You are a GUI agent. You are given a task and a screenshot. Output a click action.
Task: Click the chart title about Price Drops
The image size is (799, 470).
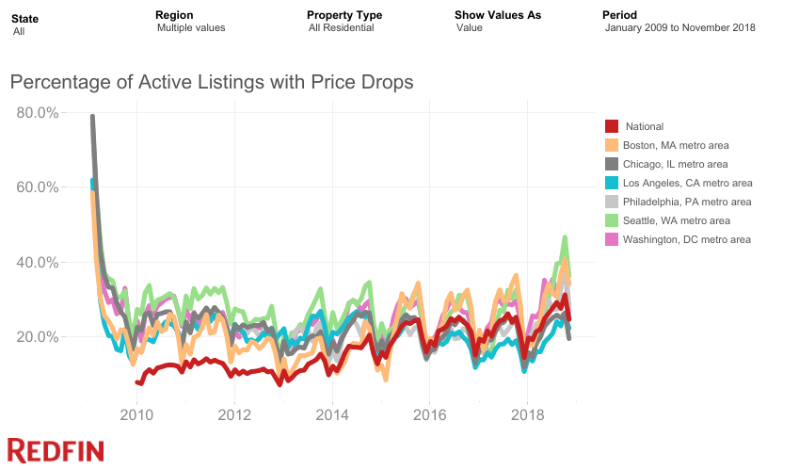pos(212,82)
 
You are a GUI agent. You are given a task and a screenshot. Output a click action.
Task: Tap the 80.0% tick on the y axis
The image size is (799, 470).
pos(39,112)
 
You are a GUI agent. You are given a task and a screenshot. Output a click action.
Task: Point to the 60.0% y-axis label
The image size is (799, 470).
pos(39,186)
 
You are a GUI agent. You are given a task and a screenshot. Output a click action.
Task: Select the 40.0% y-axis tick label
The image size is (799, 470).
pos(39,262)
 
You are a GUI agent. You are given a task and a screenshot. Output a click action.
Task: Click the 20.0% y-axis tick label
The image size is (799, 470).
pos(39,336)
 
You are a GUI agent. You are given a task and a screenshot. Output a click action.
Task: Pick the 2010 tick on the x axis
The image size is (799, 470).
pos(136,414)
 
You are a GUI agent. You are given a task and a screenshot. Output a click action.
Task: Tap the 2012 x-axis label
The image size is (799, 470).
pos(234,414)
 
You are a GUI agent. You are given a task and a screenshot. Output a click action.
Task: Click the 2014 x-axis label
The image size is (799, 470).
pos(332,414)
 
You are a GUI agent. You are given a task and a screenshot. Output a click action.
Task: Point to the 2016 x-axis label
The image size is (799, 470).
pos(429,414)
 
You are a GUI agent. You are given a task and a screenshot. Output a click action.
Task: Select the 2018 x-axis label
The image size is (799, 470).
pos(527,414)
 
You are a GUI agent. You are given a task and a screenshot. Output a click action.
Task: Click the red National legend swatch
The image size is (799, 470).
pos(611,126)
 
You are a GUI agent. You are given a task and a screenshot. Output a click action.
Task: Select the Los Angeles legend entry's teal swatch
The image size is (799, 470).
pos(611,183)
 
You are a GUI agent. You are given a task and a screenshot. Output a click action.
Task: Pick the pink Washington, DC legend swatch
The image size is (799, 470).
pos(611,239)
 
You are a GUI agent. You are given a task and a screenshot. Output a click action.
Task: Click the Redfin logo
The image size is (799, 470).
pos(56,450)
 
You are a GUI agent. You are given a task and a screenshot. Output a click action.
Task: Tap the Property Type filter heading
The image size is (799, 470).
pos(344,15)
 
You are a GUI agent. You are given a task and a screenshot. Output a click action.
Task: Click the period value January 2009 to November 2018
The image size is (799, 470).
pos(679,27)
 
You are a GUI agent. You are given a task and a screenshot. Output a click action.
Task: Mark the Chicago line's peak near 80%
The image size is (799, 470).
pos(92,117)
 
